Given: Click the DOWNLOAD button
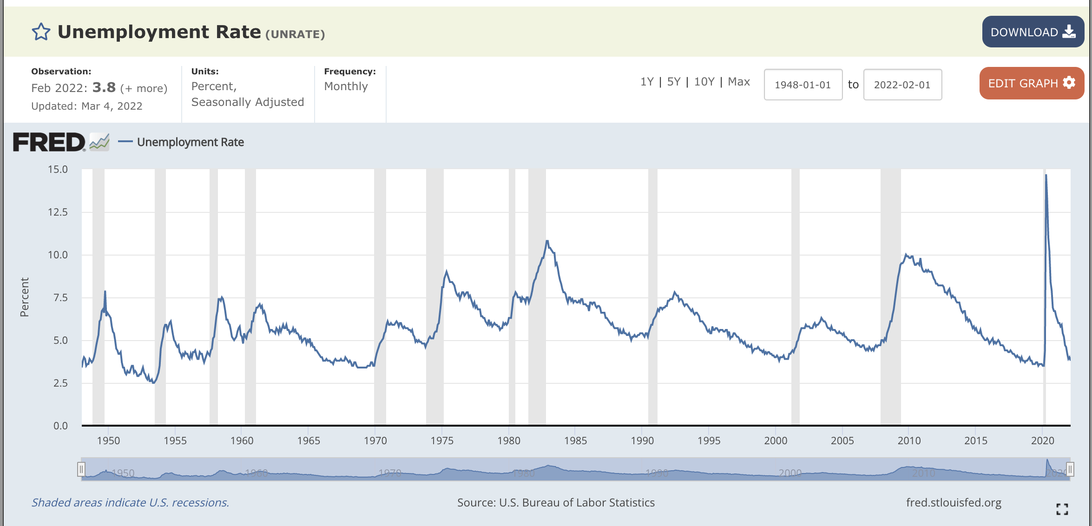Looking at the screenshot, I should click(x=1033, y=32).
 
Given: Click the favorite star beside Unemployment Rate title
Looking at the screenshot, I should click(x=41, y=32).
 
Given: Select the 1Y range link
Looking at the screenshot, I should click(x=646, y=82).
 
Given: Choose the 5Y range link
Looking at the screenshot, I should click(x=673, y=82).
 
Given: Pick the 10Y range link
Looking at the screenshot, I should click(x=704, y=82).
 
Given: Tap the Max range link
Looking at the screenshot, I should click(x=739, y=82).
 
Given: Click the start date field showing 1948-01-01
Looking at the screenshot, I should click(x=803, y=85).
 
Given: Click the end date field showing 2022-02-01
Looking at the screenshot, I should click(x=902, y=85).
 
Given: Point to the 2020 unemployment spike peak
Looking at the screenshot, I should click(x=1046, y=175).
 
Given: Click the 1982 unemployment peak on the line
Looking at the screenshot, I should click(x=547, y=241).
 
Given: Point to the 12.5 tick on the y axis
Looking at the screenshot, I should click(x=58, y=212).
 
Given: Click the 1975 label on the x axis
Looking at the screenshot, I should click(x=442, y=441).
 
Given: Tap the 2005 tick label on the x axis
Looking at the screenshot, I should click(x=842, y=441).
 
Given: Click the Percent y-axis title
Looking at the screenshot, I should click(x=25, y=297).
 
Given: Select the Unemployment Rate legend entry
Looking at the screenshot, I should click(x=190, y=142).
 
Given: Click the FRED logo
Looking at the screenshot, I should click(x=49, y=142).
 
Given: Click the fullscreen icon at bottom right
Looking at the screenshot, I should click(x=1062, y=509).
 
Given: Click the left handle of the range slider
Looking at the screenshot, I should click(x=81, y=469).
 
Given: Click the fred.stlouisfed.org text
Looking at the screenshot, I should click(x=954, y=502).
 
